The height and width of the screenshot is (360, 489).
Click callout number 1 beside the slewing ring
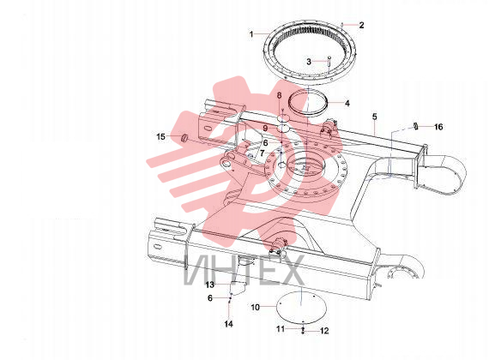point(251,33)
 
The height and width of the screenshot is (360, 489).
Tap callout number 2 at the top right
point(361,25)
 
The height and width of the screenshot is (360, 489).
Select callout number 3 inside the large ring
point(309,62)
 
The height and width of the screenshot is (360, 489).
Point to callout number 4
point(347,103)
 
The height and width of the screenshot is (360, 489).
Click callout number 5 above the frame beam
point(375,117)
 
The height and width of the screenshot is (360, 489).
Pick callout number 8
point(279,95)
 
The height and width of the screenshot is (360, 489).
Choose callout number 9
point(265,128)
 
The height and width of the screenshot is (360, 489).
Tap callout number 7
point(262,153)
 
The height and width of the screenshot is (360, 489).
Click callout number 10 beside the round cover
point(255,308)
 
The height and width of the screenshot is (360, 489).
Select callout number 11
point(281,329)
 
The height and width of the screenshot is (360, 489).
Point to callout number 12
point(324,331)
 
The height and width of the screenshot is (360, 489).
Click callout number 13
point(210,285)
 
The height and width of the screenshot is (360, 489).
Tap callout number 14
point(228,324)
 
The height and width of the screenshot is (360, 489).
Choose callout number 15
point(160,136)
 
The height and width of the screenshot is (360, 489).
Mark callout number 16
point(438,127)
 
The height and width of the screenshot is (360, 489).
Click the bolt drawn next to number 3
point(329,60)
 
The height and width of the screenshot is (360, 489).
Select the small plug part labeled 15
point(184,137)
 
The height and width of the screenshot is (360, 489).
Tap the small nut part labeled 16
point(416,126)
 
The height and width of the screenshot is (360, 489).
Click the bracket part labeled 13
point(237,287)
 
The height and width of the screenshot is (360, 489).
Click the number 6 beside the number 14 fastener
point(210,298)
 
